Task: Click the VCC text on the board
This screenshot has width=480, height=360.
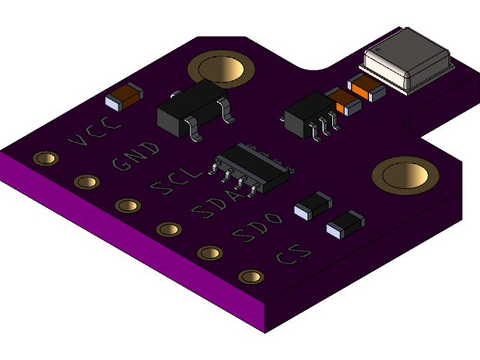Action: click(x=94, y=132)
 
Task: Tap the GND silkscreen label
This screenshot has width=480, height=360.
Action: click(x=136, y=156)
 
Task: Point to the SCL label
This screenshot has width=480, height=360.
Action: click(x=177, y=181)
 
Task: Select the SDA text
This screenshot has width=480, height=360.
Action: click(x=218, y=204)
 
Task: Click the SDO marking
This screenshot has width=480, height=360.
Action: click(x=257, y=227)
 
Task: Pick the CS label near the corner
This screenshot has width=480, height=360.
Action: click(x=293, y=254)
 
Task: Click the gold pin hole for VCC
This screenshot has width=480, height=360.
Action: click(x=46, y=158)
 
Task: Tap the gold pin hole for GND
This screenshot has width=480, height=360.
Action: click(x=87, y=181)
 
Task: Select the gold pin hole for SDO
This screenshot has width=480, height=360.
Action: click(x=210, y=253)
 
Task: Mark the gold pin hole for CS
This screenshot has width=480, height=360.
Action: click(x=251, y=277)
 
